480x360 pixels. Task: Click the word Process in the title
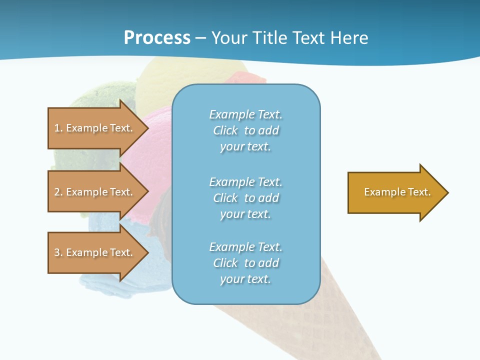[x=157, y=38]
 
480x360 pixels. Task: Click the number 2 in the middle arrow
[x=57, y=192]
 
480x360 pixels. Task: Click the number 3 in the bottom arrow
[x=57, y=252]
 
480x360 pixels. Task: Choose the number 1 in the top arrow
[x=57, y=128]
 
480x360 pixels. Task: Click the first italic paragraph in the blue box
[x=245, y=130]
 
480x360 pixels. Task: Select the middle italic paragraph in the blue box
[x=245, y=198]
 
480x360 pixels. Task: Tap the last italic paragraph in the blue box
[x=245, y=263]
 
